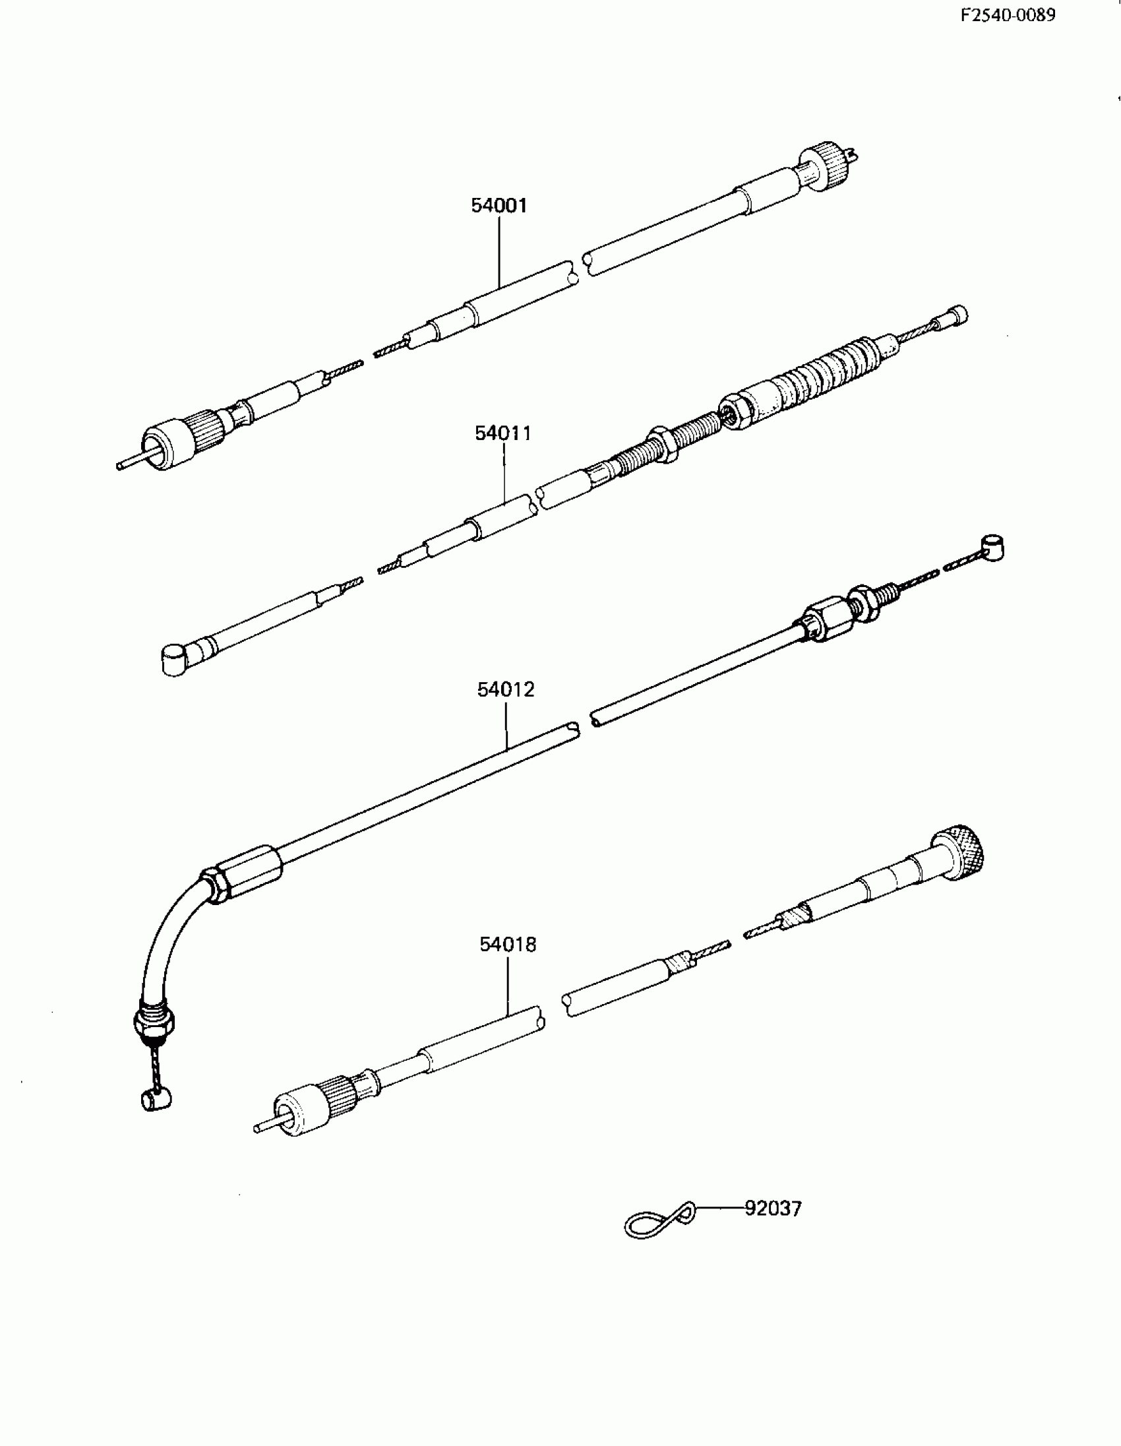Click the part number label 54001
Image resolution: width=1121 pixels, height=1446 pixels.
point(499,206)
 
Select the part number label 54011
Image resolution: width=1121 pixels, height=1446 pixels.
point(503,433)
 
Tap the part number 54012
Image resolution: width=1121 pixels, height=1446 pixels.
point(506,690)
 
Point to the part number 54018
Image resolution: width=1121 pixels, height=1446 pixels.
point(508,945)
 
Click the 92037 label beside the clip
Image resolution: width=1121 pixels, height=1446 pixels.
point(773,1209)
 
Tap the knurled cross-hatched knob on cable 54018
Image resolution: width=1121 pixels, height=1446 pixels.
point(963,854)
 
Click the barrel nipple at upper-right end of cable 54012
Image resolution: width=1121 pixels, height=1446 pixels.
point(992,548)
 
